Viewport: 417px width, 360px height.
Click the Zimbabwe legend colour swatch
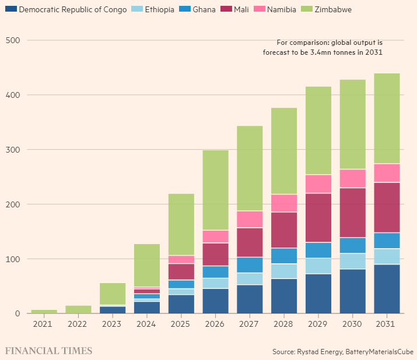tap(307, 9)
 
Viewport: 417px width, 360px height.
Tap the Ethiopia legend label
tap(160, 9)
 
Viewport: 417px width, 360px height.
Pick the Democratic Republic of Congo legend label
tap(73, 9)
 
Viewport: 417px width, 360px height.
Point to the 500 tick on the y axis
tap(13, 40)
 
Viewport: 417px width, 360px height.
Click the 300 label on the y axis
tap(13, 150)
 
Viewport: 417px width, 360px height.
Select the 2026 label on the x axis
tap(215, 324)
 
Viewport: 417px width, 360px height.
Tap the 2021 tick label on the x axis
tap(43, 324)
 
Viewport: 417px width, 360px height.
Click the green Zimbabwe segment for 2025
tap(181, 224)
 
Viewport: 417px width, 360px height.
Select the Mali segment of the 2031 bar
tap(387, 208)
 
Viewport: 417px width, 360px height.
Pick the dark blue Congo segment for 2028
tap(284, 296)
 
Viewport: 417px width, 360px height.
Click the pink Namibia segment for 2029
tap(318, 184)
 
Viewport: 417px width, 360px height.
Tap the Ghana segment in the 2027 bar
tap(250, 265)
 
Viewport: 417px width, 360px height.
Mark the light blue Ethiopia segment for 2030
tap(353, 261)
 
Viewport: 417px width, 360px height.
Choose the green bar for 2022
tap(79, 309)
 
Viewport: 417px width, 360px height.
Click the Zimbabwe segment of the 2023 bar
tap(113, 294)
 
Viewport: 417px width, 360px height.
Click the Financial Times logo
tap(48, 351)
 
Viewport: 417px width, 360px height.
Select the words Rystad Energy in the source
tap(320, 352)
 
